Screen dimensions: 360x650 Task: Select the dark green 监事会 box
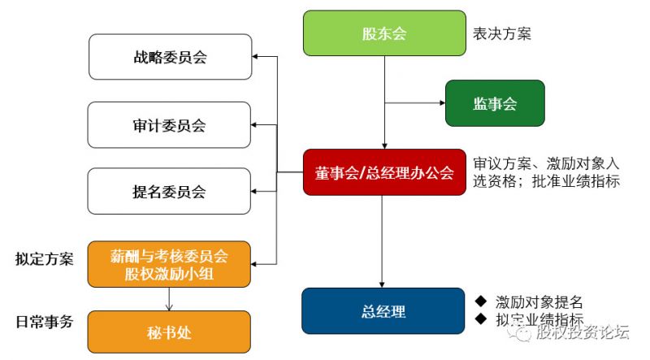click(494, 103)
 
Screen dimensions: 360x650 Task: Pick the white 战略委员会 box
click(169, 57)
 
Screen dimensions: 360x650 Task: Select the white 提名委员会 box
click(169, 192)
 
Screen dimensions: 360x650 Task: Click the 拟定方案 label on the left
click(44, 259)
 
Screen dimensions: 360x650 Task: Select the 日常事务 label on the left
click(44, 322)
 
